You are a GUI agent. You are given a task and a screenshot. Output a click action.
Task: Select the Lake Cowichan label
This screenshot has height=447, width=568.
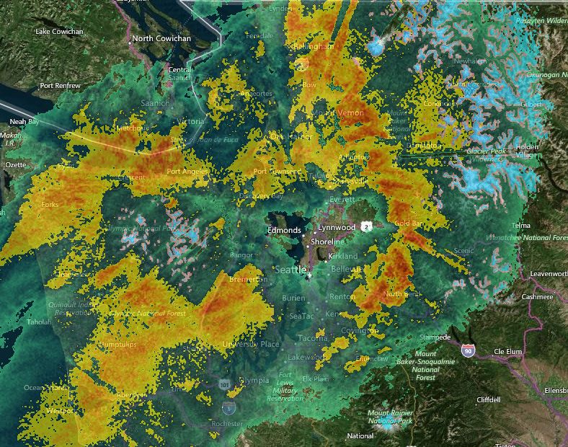59,32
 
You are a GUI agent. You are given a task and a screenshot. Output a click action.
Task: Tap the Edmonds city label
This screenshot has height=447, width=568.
284,231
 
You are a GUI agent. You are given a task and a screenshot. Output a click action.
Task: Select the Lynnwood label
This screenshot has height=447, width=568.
337,227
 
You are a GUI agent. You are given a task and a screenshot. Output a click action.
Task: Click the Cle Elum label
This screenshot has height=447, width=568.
507,352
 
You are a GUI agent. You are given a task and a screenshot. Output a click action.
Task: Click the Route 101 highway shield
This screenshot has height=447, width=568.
225,384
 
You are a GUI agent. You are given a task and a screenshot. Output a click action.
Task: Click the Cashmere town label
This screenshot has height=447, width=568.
538,297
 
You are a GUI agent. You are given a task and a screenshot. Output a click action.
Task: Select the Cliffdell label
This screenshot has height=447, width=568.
493,399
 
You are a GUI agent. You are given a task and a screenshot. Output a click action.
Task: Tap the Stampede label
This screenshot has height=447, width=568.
435,337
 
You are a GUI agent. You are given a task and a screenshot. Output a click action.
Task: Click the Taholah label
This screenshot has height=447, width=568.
39,322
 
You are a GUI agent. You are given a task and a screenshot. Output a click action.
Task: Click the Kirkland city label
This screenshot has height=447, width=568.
342,256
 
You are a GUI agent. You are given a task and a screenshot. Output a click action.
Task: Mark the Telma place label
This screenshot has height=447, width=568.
520,226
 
